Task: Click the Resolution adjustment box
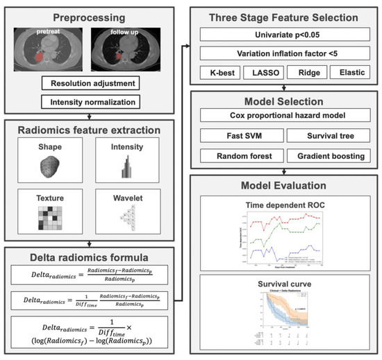coord(91,83)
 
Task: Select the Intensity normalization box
coord(91,102)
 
